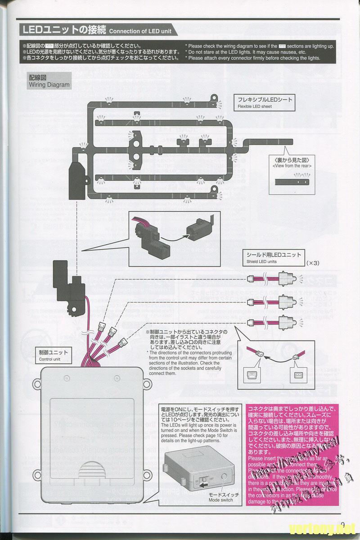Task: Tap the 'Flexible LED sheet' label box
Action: click(265, 103)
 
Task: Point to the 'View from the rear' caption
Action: click(292, 163)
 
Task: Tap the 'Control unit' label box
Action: click(54, 355)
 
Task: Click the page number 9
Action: click(342, 525)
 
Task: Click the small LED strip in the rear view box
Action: click(292, 181)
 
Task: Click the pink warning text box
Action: click(291, 454)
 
